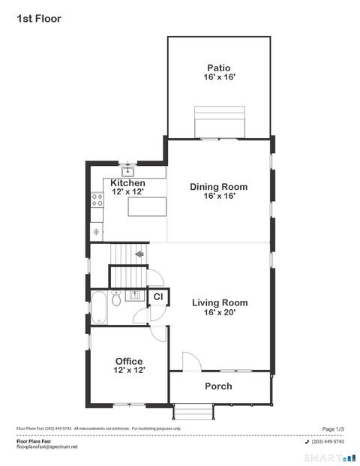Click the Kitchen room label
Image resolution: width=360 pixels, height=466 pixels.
click(127, 183)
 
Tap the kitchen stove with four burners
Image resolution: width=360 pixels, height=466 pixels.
click(97, 200)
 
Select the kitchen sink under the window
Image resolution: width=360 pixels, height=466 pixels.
click(128, 170)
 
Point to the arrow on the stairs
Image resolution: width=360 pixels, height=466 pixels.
click(139, 254)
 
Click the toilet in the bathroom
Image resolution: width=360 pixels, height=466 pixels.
click(116, 300)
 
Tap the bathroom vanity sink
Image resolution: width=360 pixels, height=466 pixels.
click(136, 295)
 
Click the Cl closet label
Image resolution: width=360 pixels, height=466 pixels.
click(158, 297)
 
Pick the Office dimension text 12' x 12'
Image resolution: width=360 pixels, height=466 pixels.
click(129, 370)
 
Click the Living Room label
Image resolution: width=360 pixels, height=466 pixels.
click(219, 303)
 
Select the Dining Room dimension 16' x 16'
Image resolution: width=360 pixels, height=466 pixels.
click(219, 196)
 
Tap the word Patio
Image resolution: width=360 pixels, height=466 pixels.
click(219, 68)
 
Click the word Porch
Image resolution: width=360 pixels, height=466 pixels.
click(219, 386)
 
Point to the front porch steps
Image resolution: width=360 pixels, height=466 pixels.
click(193, 411)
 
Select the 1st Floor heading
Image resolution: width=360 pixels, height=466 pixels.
click(39, 18)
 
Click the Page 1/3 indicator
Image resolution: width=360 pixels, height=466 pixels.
click(333, 428)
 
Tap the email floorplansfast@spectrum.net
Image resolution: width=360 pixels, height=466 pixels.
click(47, 447)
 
